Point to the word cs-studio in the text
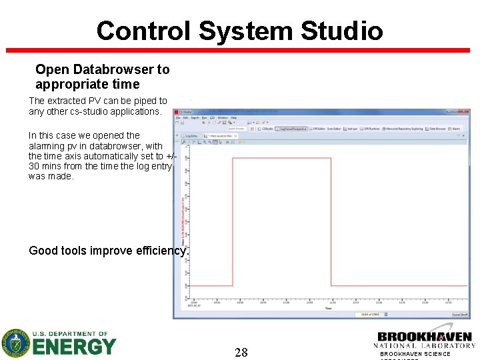point(78,111)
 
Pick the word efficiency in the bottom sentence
point(161,251)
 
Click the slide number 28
point(241,352)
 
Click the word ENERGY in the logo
point(74,347)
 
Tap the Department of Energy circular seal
point(16,343)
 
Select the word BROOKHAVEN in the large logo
point(424,337)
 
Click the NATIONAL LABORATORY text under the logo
point(424,345)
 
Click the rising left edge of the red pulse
point(233,220)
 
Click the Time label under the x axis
point(329,308)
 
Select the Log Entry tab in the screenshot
point(191,136)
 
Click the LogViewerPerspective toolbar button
point(292,129)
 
